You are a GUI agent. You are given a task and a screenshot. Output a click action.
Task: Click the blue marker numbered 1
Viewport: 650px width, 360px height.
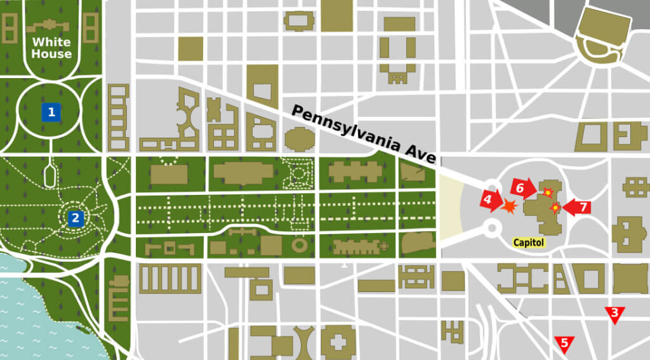tap(51, 112)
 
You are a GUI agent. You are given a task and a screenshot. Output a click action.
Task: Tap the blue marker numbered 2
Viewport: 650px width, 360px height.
tap(76, 218)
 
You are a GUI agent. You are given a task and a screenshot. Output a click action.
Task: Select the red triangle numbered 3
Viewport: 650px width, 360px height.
tap(614, 314)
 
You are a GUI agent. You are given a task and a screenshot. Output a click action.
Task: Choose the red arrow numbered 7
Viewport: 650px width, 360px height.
tap(577, 207)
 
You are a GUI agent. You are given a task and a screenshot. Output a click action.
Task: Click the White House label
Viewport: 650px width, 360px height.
tap(51, 48)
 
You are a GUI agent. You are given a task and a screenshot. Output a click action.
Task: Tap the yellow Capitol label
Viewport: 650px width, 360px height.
tap(528, 242)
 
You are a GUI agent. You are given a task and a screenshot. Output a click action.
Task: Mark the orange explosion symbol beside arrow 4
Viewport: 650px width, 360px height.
tap(510, 206)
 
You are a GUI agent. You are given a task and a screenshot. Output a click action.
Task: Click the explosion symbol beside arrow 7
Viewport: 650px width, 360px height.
tap(556, 207)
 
